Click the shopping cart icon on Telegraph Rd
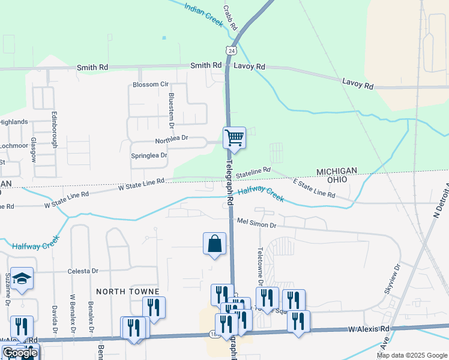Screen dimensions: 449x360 tap(234, 137)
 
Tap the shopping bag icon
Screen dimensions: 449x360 tap(214, 244)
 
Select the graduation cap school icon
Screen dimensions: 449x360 tap(22, 278)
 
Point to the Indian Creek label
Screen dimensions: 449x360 tap(204, 13)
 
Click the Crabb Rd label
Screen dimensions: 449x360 tap(231, 19)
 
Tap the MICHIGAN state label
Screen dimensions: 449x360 tap(341, 171)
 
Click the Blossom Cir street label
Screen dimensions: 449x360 tap(151, 85)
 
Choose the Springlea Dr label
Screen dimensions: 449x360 tap(149, 155)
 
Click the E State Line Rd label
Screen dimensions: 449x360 tap(313, 188)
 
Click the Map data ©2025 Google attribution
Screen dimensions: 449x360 tap(412, 355)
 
